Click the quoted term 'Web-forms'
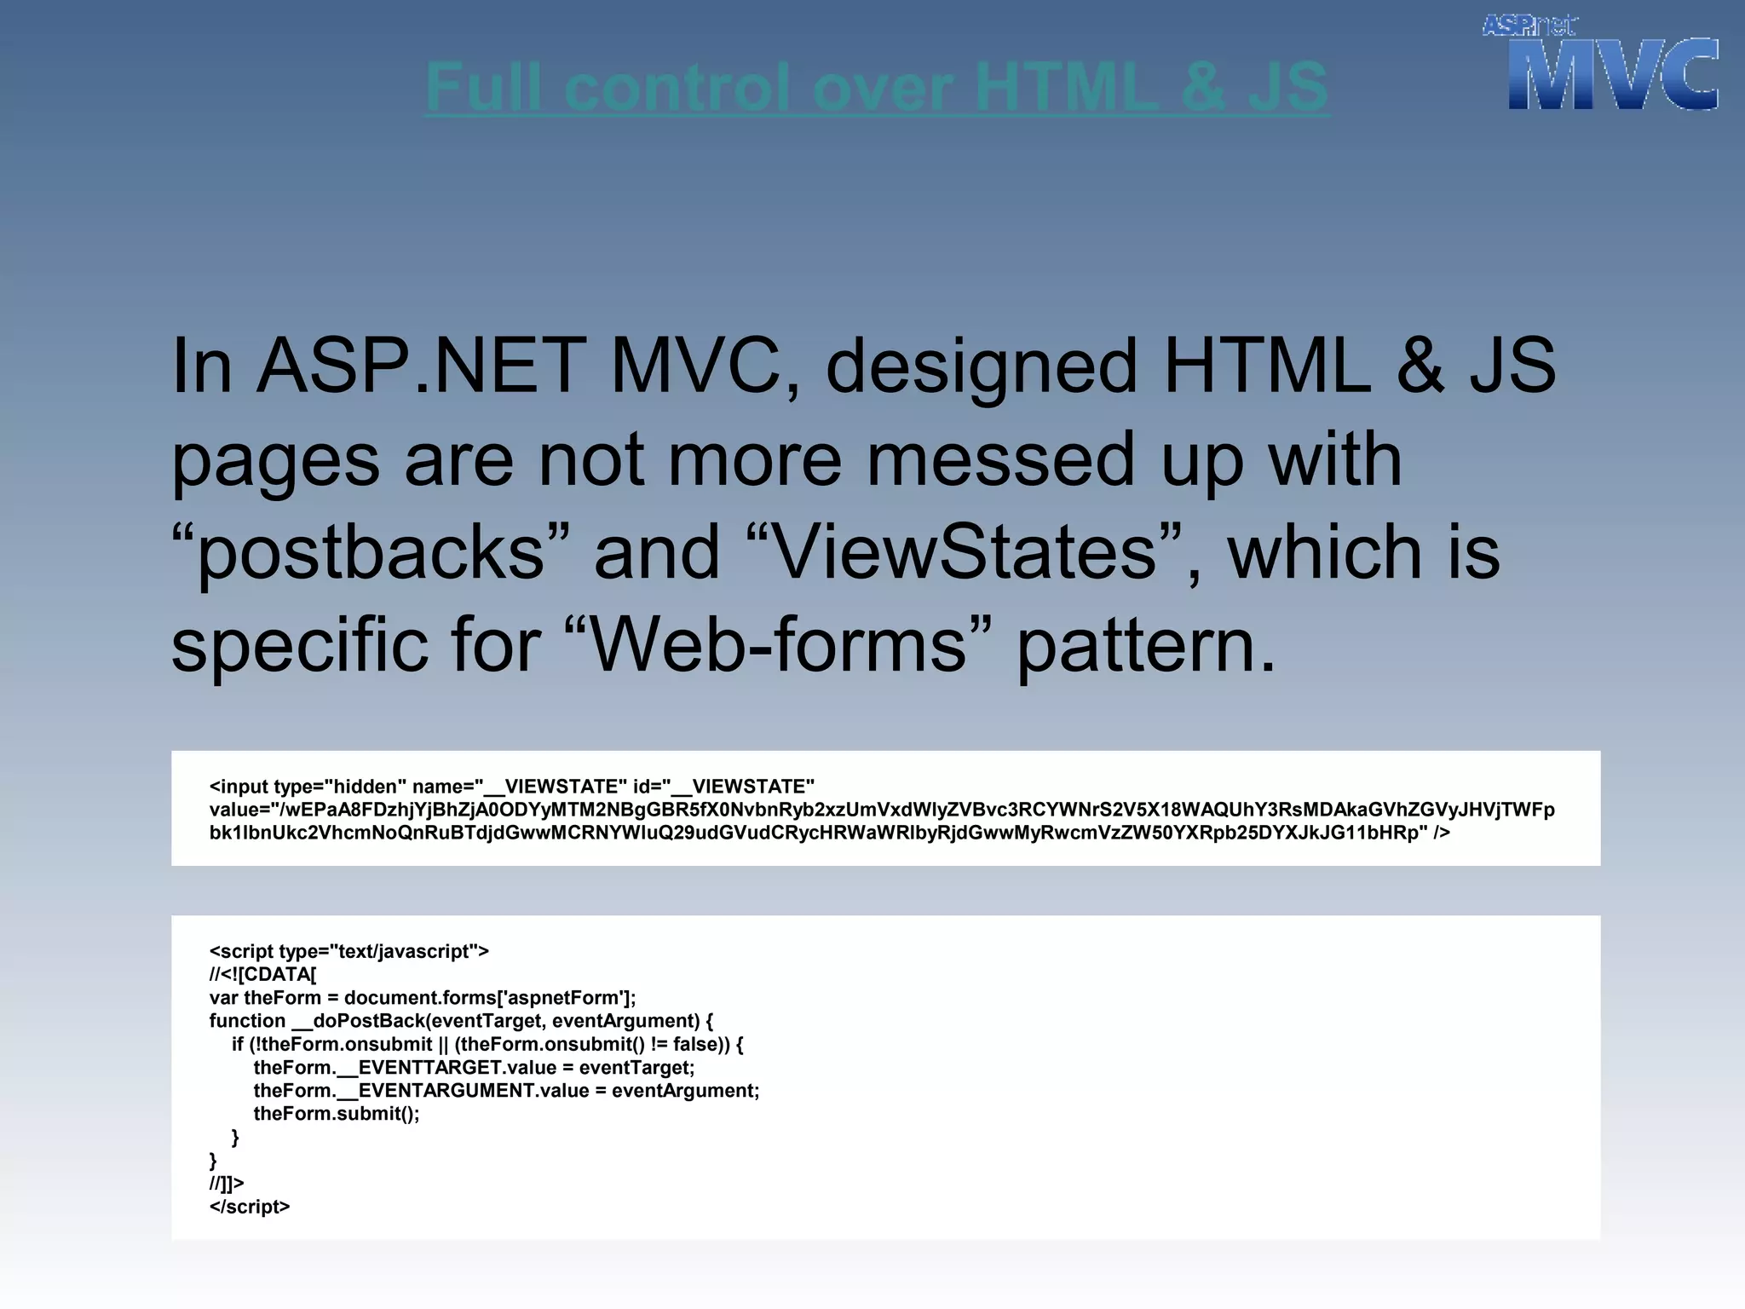tap(779, 644)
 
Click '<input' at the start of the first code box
tap(238, 787)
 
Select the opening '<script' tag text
tap(241, 952)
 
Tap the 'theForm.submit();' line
tap(337, 1114)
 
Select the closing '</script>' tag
tap(250, 1207)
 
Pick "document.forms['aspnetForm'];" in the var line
tap(490, 998)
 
